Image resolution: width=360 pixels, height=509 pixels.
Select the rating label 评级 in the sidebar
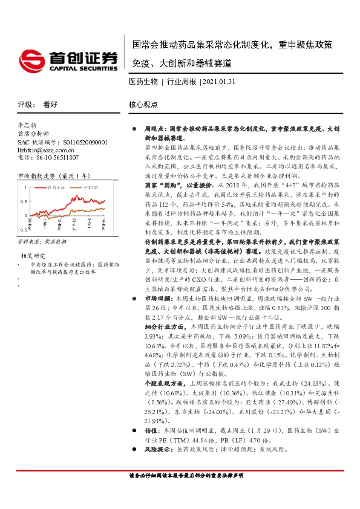pyautogui.click(x=26, y=104)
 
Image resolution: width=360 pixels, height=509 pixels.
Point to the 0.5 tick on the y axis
pyautogui.click(x=25, y=202)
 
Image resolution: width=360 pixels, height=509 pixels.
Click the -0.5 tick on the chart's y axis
pyautogui.click(x=23, y=230)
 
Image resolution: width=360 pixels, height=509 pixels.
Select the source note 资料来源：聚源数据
pyautogui.click(x=40, y=241)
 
